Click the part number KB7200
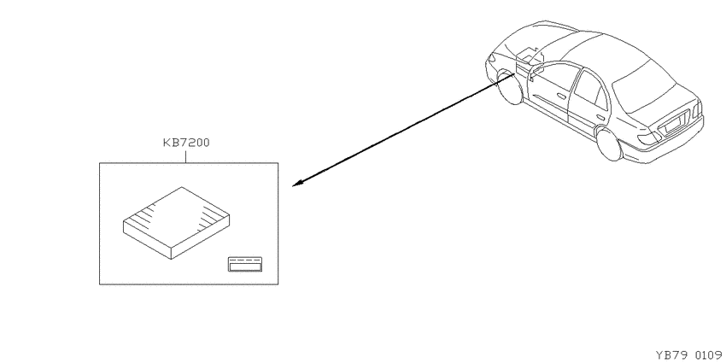click(186, 143)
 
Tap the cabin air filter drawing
click(177, 223)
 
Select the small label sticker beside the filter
click(245, 264)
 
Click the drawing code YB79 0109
click(688, 355)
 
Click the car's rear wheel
click(608, 144)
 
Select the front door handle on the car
click(561, 97)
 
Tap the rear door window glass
click(590, 90)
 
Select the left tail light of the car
click(647, 138)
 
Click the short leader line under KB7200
click(185, 155)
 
